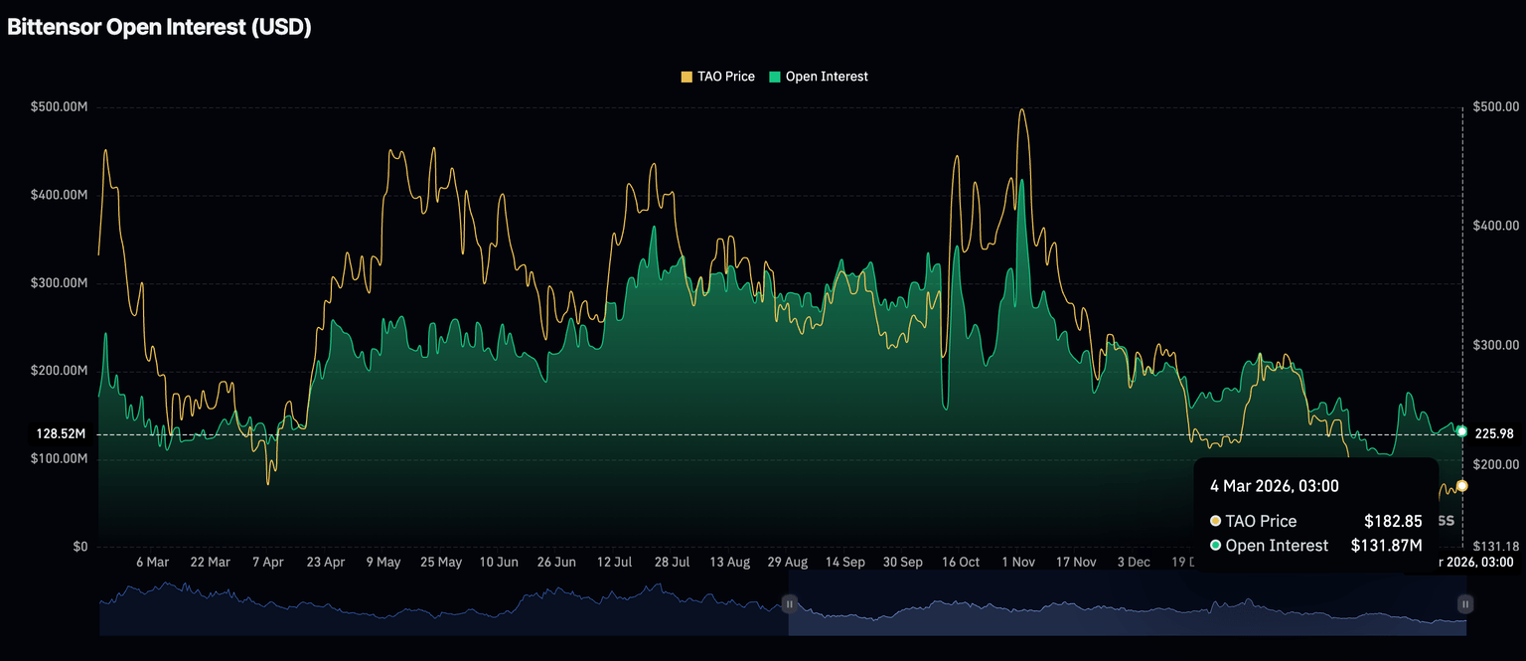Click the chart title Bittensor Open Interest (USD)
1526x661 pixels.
click(159, 28)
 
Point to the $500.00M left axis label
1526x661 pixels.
click(60, 106)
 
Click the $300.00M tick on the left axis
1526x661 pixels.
click(60, 283)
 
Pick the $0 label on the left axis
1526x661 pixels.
click(78, 547)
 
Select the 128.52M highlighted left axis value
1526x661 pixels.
click(62, 434)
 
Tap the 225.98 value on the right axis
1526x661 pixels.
click(1494, 433)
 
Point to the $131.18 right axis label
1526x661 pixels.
click(1494, 546)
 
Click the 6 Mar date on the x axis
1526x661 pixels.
click(152, 562)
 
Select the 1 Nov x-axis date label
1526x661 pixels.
click(1018, 562)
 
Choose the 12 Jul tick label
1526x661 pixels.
click(614, 562)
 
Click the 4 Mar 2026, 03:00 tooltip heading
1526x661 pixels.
click(1274, 486)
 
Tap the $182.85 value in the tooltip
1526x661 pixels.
click(1393, 521)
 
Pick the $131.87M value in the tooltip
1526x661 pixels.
click(1386, 545)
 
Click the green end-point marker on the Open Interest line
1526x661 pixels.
click(1461, 431)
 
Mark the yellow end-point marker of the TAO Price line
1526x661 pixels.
click(1461, 486)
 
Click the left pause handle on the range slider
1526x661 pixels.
click(789, 603)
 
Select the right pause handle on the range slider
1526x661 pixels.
click(1465, 603)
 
